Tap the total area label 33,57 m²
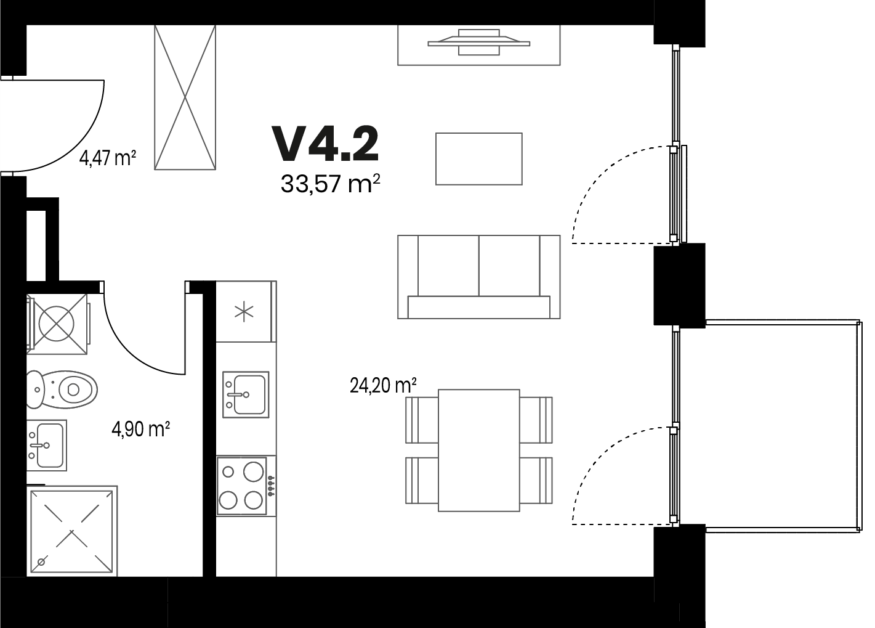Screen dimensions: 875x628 click(x=331, y=184)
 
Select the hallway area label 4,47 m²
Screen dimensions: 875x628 click(x=108, y=159)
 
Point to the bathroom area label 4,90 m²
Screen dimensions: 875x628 click(x=140, y=430)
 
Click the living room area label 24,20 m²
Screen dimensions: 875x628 click(x=383, y=386)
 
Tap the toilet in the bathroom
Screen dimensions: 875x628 click(x=62, y=389)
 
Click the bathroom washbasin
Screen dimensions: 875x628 click(x=46, y=446)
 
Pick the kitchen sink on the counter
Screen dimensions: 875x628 click(x=246, y=394)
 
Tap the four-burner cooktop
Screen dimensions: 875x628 click(x=242, y=486)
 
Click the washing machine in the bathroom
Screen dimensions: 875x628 click(x=58, y=324)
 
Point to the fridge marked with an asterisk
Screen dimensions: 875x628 click(x=246, y=311)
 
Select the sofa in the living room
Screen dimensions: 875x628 click(x=479, y=277)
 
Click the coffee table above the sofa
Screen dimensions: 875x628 click(x=479, y=159)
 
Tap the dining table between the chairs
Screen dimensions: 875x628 click(x=479, y=450)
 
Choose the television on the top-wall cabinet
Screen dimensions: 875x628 click(x=479, y=43)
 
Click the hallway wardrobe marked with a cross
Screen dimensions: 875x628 click(x=185, y=97)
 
